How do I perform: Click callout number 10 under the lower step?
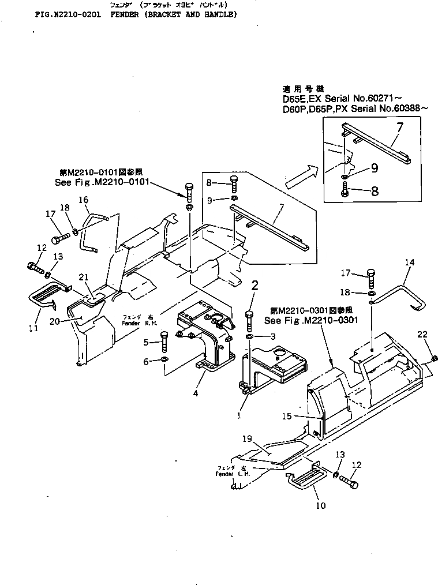(x=321, y=505)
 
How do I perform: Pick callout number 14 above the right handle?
(x=410, y=262)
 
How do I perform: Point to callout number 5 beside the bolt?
(x=146, y=342)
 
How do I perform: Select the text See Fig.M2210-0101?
(x=100, y=181)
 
